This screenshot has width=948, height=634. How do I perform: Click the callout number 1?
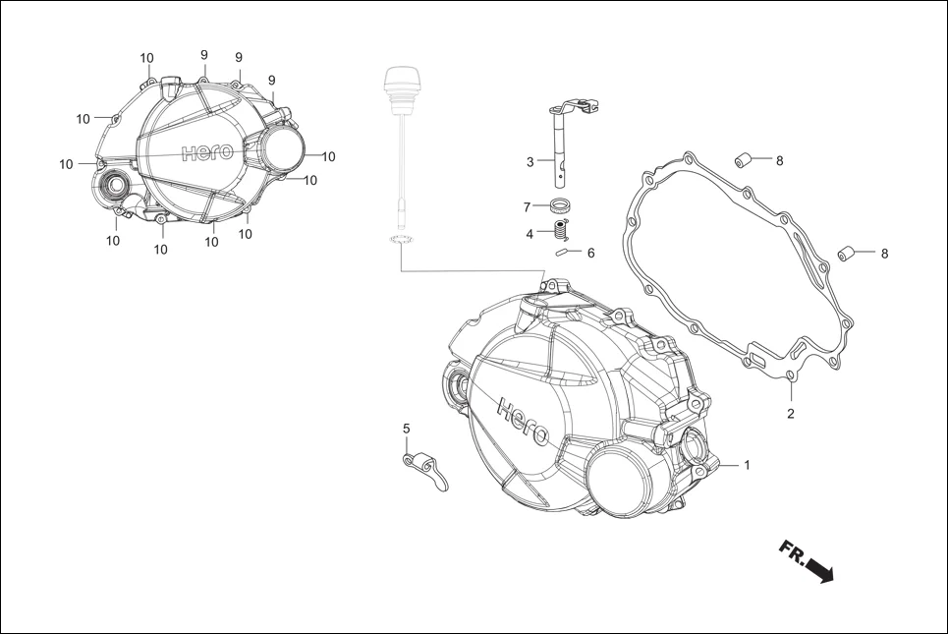pos(747,464)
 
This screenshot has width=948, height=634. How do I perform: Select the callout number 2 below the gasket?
pos(790,414)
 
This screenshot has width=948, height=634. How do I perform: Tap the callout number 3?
pos(530,161)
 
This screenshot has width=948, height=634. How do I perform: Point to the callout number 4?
pos(530,234)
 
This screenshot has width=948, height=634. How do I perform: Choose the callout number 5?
pos(406,429)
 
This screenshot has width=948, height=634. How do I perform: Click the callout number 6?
pos(590,253)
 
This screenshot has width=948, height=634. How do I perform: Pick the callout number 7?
pos(528,207)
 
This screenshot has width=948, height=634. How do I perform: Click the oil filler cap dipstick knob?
pos(398,80)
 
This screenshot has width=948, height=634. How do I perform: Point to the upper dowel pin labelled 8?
pos(747,159)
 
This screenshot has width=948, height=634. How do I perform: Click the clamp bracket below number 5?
pos(426,466)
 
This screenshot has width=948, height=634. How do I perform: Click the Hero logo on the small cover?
pos(206,152)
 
